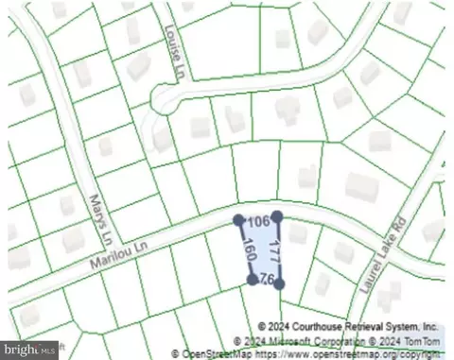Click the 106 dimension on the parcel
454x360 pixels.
pyautogui.click(x=257, y=221)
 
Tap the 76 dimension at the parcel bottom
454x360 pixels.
pyautogui.click(x=266, y=280)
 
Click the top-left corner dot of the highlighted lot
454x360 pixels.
pyautogui.click(x=237, y=220)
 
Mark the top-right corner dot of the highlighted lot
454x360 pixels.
pyautogui.click(x=277, y=216)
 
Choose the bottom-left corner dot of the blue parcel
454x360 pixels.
pyautogui.click(x=252, y=280)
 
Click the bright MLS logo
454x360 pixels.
pyautogui.click(x=29, y=349)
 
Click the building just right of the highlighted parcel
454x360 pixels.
pyautogui.click(x=299, y=232)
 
